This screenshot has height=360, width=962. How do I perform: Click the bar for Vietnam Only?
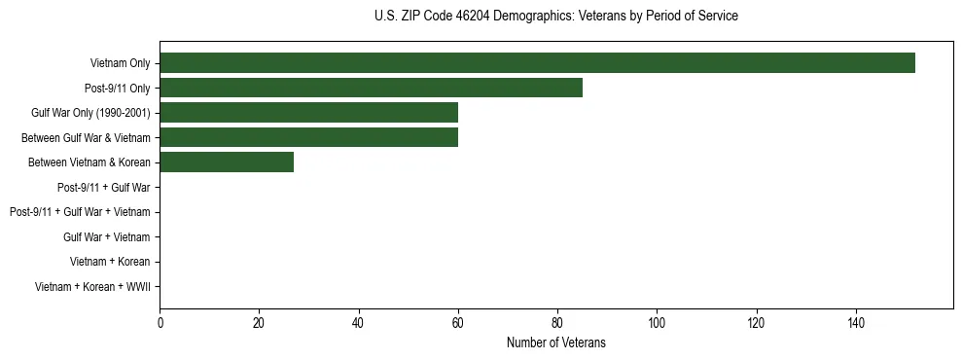point(537,63)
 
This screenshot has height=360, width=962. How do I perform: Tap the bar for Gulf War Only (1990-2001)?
point(308,113)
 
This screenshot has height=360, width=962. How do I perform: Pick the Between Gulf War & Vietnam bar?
point(308,138)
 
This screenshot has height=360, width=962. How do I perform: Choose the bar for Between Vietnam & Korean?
point(227,162)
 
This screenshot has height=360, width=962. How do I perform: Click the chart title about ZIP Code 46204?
point(555,17)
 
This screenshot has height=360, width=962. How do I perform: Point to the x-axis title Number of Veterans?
point(555,342)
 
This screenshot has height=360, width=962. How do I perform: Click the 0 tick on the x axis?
point(160,322)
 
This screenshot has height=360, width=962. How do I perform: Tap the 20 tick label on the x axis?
point(259,322)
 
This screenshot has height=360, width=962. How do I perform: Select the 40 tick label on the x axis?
point(358,322)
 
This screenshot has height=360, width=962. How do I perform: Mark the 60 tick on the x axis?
point(458,322)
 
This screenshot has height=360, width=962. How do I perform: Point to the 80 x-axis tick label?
point(557,322)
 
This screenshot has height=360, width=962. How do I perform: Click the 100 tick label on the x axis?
point(657,322)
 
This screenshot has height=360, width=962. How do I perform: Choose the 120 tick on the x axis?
point(756,322)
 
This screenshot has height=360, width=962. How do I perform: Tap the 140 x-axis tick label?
point(856,322)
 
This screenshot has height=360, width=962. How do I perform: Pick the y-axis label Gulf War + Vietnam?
point(106,236)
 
